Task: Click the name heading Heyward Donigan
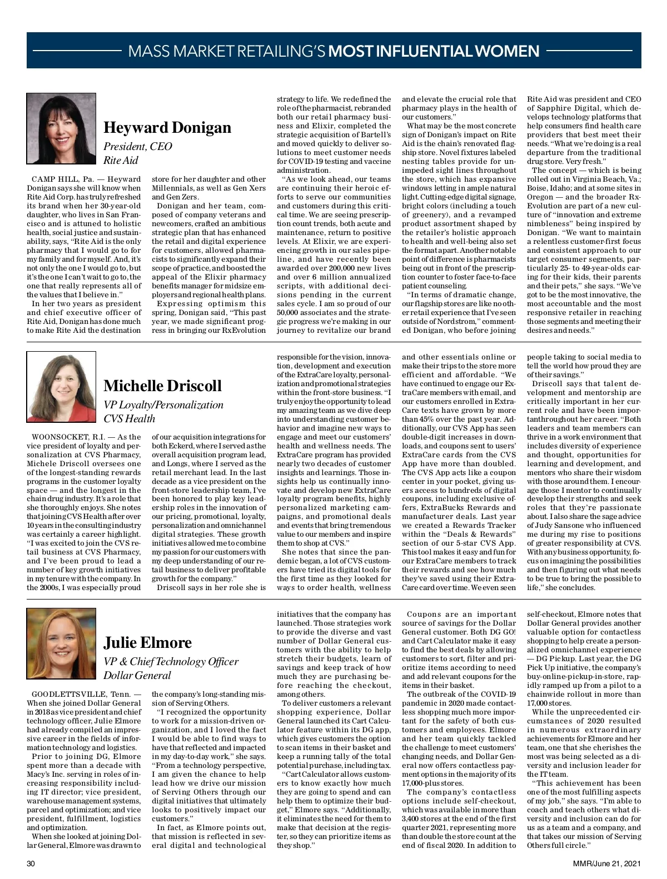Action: tap(167, 128)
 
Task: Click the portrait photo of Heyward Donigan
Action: tap(61, 128)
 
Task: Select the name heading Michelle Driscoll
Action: tap(162, 386)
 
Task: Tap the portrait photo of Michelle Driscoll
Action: tap(61, 387)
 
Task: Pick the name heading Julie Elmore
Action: tap(147, 643)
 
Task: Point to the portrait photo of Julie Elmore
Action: tap(61, 643)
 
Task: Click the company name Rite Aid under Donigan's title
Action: tap(121, 161)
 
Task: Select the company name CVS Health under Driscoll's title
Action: tap(129, 419)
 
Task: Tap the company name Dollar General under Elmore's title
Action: tap(137, 676)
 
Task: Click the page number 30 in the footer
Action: tap(31, 863)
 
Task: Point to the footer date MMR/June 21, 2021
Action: tap(607, 863)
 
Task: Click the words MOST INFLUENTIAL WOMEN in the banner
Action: tap(434, 52)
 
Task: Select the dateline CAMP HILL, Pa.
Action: tap(63, 179)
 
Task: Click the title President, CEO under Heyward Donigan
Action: tap(138, 147)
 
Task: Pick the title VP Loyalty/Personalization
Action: tap(163, 405)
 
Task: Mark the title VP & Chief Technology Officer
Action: tap(171, 662)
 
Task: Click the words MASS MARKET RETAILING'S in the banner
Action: tap(227, 52)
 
